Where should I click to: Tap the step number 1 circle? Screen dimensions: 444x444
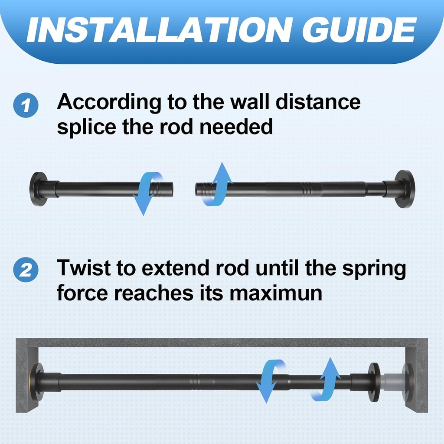click(26, 106)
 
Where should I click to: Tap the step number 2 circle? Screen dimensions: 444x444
click(26, 271)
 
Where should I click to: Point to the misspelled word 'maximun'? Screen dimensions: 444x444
click(276, 293)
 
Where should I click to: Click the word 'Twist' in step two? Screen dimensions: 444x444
click(83, 268)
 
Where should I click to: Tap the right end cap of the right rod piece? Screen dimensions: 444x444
click(405, 189)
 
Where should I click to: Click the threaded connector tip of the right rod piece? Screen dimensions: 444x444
click(202, 189)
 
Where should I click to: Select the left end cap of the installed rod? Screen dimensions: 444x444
click(37, 382)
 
